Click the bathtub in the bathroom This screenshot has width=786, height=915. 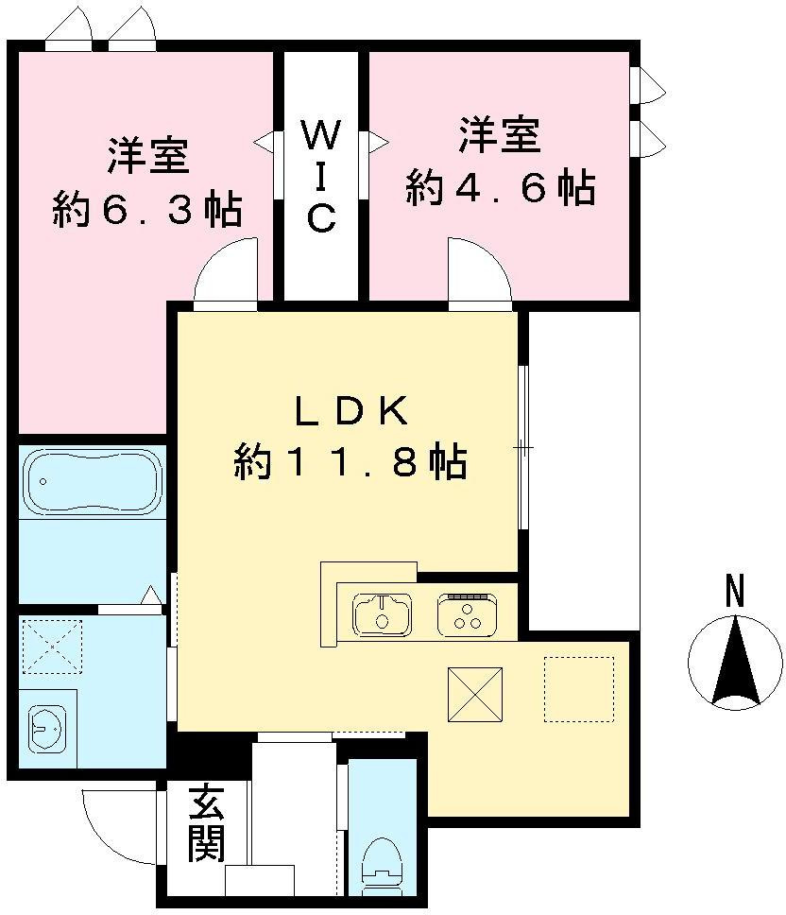(x=92, y=481)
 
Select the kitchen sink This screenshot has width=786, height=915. (x=382, y=614)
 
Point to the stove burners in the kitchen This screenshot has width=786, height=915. (x=464, y=614)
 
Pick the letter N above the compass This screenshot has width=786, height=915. (x=734, y=592)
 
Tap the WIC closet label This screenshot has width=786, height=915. (x=320, y=177)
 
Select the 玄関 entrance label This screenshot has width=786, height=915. (x=205, y=824)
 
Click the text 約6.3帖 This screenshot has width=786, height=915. (x=146, y=209)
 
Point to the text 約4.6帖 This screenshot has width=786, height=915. (x=501, y=188)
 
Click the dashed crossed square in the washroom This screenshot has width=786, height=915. (x=52, y=647)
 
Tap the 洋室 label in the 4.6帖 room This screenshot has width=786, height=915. (x=501, y=135)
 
